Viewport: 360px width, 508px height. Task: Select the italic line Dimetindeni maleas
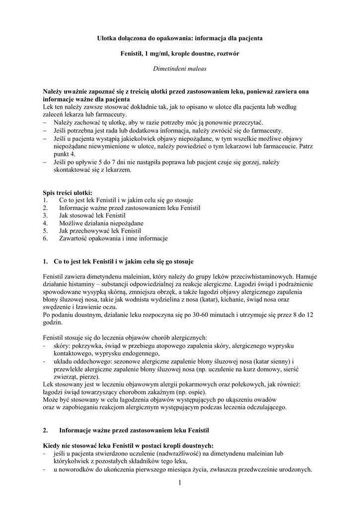click(180, 69)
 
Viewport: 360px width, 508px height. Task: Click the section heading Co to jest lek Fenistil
click(126, 261)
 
